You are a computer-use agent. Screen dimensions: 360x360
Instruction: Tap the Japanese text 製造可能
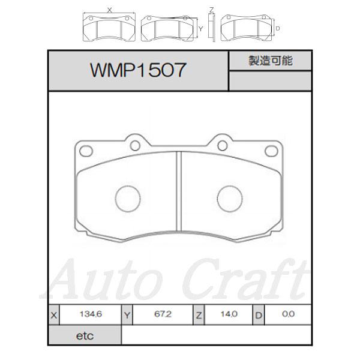click(270, 61)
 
